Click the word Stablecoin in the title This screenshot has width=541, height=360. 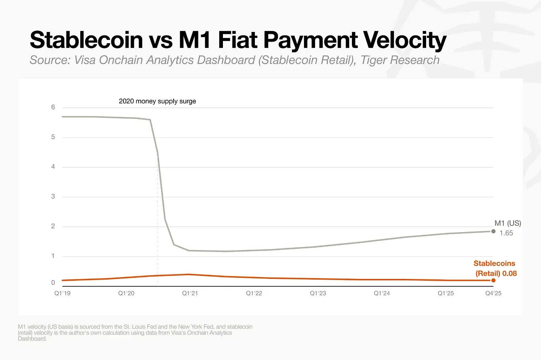click(87, 40)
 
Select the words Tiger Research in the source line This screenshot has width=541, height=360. click(400, 60)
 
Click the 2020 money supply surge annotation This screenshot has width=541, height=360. click(157, 101)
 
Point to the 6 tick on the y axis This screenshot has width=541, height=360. click(53, 107)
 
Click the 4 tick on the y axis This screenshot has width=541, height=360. click(53, 167)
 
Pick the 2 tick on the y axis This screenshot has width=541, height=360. click(53, 226)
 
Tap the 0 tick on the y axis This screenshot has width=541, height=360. click(53, 283)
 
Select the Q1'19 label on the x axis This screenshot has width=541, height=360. click(62, 293)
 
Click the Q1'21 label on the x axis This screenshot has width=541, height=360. click(190, 293)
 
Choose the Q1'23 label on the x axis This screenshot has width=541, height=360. click(318, 293)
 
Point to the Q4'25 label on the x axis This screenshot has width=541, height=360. click(493, 293)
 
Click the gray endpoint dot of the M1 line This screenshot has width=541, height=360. click(493, 231)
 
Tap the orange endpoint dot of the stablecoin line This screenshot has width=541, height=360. click(493, 280)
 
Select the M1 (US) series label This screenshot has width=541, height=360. click(508, 223)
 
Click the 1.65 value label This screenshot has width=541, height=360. click(506, 233)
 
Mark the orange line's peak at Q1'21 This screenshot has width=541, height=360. click(190, 274)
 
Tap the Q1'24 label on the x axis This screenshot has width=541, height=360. click(382, 293)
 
